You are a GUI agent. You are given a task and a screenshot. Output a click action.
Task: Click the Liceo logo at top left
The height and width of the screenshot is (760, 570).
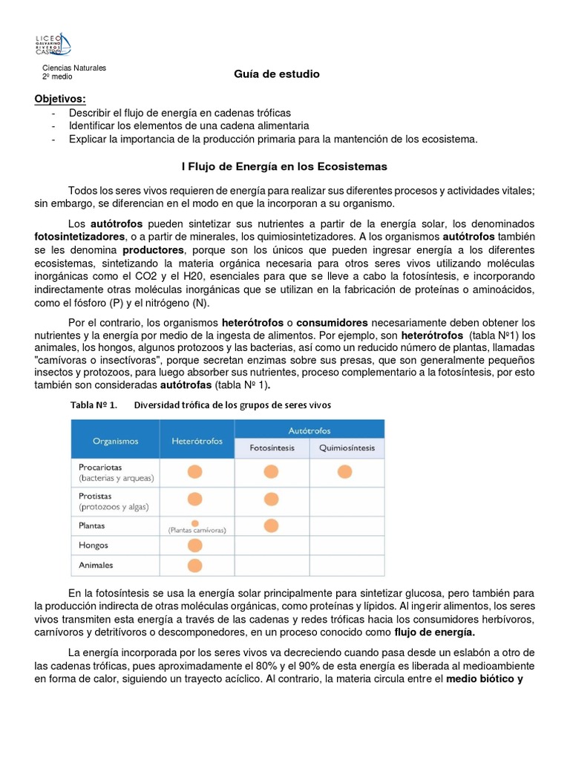pos(53,44)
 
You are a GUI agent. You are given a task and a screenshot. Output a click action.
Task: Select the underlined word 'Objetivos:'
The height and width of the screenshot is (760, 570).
pos(60,99)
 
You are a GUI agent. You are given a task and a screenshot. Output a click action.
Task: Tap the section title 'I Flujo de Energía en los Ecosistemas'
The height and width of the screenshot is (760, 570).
pos(285,166)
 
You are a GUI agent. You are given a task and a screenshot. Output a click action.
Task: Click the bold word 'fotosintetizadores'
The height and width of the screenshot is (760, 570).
pos(79,236)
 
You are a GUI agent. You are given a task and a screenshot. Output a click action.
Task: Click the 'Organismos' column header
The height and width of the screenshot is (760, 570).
pos(115,441)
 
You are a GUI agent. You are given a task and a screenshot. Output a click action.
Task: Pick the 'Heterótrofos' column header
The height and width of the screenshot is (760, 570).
pos(197,441)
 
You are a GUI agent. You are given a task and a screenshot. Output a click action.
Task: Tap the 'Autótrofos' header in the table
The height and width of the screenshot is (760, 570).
pos(309,430)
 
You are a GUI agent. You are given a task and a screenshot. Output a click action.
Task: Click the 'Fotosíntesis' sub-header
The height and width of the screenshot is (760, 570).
pos(272,448)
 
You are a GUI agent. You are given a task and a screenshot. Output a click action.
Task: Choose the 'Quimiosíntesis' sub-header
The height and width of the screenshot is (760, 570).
pos(347,448)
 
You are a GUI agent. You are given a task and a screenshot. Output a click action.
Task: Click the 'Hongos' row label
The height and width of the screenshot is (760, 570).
pos(94,545)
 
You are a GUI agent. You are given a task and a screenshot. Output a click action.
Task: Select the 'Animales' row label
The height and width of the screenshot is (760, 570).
pos(96,565)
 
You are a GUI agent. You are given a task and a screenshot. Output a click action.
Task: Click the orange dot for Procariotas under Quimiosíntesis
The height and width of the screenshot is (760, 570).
pos(344,471)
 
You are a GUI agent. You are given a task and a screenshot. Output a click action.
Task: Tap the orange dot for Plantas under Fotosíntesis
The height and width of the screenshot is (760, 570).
pos(270,525)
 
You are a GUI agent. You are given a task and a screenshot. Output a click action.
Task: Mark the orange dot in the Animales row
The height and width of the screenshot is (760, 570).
pos(194,566)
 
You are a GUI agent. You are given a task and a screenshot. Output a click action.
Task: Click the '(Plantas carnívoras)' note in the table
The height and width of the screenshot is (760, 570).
pos(197,531)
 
